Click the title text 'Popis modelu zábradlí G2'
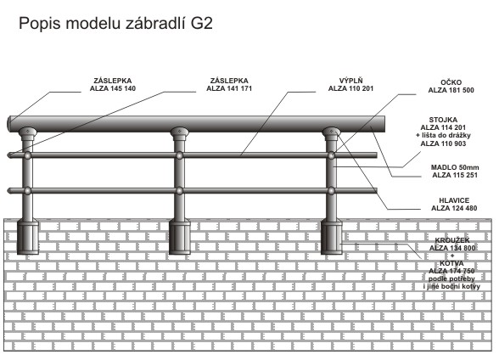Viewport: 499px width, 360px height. coord(115,24)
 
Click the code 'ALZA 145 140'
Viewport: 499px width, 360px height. coord(113,88)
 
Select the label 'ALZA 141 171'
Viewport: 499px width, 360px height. coord(229,88)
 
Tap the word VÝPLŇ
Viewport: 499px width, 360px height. coord(350,81)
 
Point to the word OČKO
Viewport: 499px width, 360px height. coord(451,82)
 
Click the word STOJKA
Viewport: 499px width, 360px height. coord(443,120)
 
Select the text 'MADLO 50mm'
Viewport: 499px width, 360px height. coord(455,167)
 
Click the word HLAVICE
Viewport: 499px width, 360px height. coord(454,200)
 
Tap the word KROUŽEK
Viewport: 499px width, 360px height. coord(452,240)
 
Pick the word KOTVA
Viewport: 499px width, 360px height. coord(451,263)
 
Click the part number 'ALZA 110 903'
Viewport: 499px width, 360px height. coord(443,143)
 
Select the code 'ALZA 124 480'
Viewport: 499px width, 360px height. coord(454,208)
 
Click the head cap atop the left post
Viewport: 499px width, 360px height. coord(27,133)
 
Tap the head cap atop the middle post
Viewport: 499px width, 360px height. coord(180,133)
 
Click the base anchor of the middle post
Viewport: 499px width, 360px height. coord(180,237)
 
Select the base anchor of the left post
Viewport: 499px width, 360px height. coord(27,237)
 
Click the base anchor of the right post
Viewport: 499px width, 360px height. coord(332,237)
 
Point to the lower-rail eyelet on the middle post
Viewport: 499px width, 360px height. coord(180,191)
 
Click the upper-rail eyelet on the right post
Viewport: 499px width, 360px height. coord(332,155)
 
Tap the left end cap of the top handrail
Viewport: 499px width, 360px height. coord(9,123)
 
